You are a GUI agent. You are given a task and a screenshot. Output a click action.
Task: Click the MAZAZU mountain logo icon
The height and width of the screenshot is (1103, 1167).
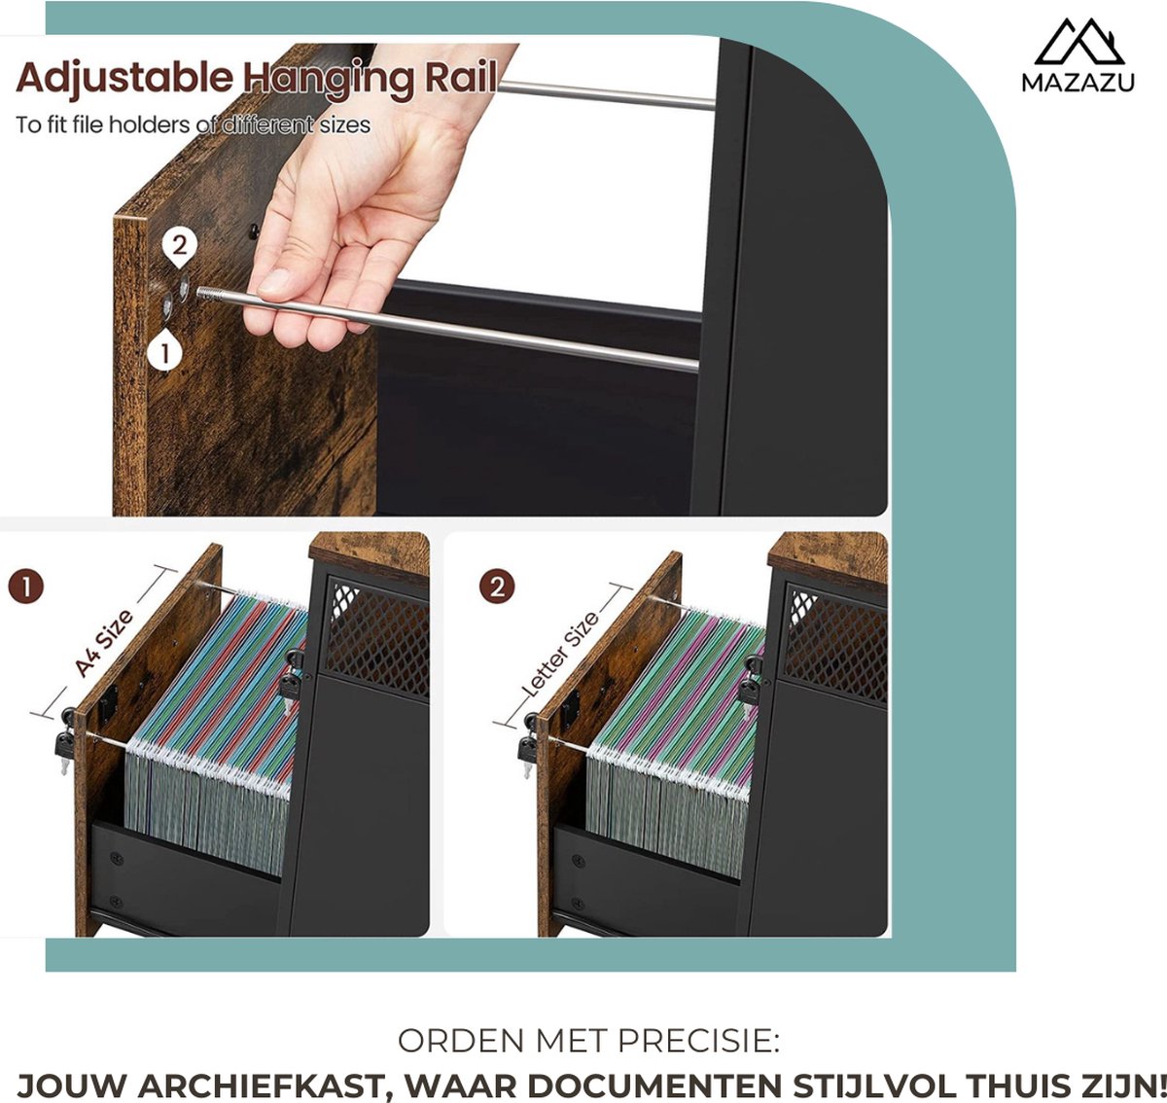click(x=1079, y=42)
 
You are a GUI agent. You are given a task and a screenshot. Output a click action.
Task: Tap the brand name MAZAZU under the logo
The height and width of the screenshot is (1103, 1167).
click(x=1078, y=83)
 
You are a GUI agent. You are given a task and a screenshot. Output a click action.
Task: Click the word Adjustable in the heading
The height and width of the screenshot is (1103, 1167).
click(x=124, y=78)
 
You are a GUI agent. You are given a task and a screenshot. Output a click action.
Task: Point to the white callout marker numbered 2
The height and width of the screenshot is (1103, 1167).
click(x=180, y=246)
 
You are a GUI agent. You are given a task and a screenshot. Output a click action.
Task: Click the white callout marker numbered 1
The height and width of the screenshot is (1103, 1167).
click(x=164, y=350)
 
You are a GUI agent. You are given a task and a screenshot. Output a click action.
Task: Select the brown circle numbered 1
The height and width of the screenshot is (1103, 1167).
click(x=26, y=587)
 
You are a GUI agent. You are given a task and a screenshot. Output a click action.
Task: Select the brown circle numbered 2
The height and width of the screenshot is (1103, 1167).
click(x=497, y=587)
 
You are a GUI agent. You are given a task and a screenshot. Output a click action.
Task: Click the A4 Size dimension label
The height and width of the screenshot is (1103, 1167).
click(x=103, y=643)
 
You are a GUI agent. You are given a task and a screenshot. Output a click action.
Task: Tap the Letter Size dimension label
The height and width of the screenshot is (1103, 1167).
click(x=560, y=654)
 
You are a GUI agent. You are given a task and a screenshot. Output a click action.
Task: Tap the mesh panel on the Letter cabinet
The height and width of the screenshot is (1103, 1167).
click(x=835, y=644)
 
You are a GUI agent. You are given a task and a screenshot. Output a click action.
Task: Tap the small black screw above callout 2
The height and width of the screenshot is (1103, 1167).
click(x=253, y=231)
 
